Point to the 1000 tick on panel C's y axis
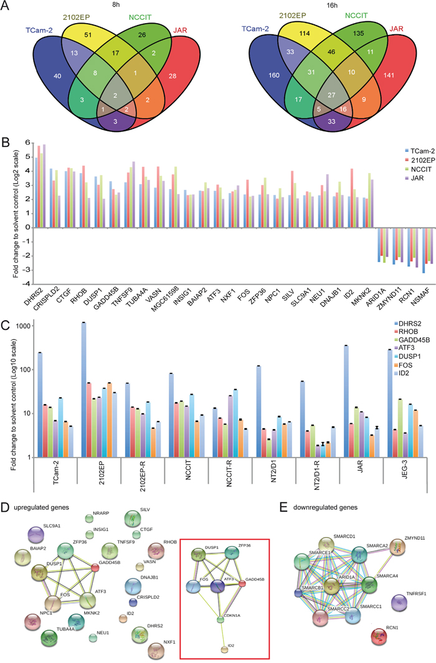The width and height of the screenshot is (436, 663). [x=23, y=326]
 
